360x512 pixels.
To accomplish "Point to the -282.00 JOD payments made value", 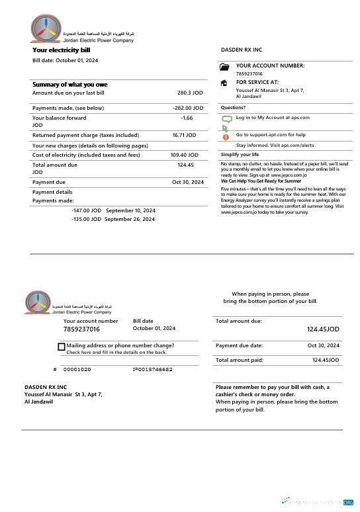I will click(x=187, y=108).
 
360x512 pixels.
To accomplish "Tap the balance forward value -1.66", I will click(x=187, y=118).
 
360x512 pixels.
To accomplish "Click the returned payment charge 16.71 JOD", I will click(x=184, y=135).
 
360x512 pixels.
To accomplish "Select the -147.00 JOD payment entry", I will click(x=85, y=210).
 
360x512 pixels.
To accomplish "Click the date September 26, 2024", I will click(x=130, y=219).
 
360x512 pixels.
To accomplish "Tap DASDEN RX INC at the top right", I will click(x=241, y=50).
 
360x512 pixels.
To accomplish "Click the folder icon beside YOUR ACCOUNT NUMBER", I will click(x=224, y=67).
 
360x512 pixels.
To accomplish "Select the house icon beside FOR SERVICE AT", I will click(x=224, y=83).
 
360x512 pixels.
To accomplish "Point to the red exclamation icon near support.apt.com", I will click(x=226, y=136).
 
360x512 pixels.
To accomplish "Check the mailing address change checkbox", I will click(x=62, y=347).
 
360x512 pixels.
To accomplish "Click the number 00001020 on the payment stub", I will click(x=77, y=369).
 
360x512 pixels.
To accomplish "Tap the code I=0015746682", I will click(x=152, y=369).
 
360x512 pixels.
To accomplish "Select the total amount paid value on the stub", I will click(x=326, y=361).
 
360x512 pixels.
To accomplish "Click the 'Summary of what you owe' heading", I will click(x=69, y=85).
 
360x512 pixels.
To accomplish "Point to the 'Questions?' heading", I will click(x=233, y=107).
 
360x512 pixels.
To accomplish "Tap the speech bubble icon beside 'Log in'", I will click(x=225, y=119).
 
